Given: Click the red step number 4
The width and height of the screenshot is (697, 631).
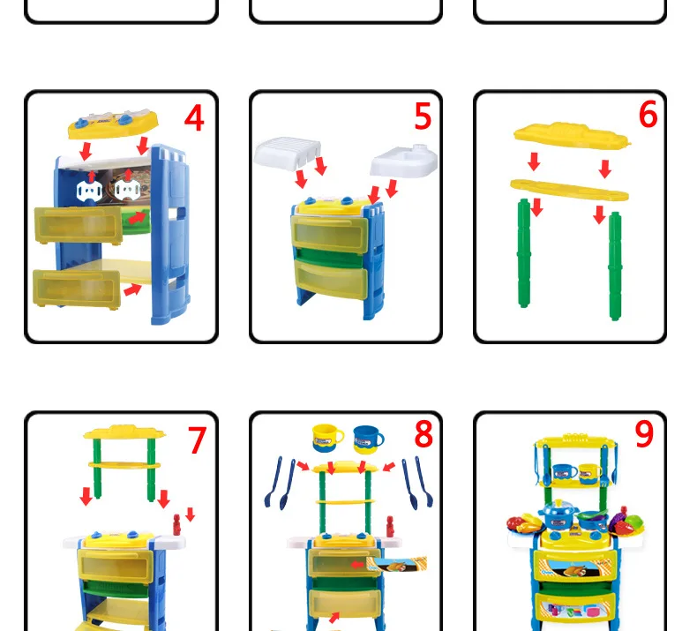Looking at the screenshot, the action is tap(194, 118).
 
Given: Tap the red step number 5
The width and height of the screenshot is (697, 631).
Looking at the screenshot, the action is tap(423, 116).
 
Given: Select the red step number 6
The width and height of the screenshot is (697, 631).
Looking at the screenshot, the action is tap(648, 114).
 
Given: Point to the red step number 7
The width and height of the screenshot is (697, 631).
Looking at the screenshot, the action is tap(197, 440).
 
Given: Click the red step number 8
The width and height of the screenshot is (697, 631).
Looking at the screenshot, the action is tap(423, 433).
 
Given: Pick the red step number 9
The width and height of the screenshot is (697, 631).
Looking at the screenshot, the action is tap(644, 433).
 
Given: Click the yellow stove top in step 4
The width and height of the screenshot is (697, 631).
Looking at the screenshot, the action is tap(113, 124).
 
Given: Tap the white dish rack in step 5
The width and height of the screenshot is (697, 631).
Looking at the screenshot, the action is tap(287, 153).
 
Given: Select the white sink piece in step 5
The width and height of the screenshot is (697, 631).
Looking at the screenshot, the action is tap(403, 161).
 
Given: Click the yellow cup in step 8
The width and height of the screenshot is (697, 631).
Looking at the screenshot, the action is tap(327, 438).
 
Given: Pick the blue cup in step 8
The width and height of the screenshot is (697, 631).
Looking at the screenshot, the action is tap(368, 439).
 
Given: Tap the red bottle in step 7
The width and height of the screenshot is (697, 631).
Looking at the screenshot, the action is tap(177, 525).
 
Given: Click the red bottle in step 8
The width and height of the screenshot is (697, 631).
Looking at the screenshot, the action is tap(390, 527).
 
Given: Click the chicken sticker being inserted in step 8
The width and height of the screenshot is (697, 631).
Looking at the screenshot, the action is tap(396, 564).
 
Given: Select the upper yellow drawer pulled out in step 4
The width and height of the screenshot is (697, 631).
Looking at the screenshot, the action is tap(79, 225).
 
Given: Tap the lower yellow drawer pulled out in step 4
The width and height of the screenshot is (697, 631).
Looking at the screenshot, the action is tap(77, 289).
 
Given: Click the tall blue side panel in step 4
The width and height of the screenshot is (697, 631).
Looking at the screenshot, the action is tap(170, 235).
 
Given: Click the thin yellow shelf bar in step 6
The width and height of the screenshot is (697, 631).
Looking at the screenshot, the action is tap(569, 190).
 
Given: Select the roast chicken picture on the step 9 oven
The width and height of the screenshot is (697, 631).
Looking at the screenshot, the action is tap(574, 569).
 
